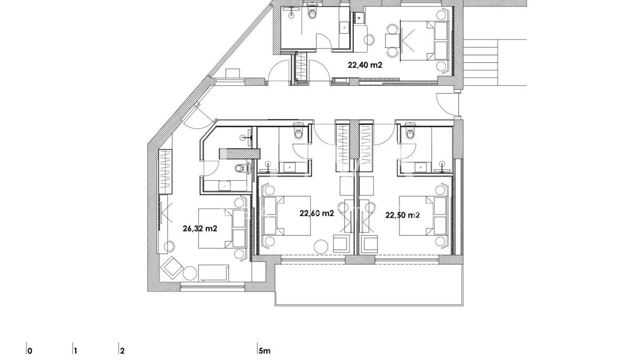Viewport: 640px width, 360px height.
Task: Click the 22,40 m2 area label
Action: pyautogui.click(x=365, y=65)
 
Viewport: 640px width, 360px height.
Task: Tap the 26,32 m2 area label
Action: pyautogui.click(x=200, y=229)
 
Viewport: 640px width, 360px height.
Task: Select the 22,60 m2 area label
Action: pyautogui.click(x=317, y=213)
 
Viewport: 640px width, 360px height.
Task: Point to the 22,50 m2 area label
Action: pyautogui.click(x=403, y=215)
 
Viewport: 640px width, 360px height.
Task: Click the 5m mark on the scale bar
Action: pyautogui.click(x=265, y=350)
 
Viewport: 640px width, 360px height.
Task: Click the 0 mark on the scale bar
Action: pyautogui.click(x=30, y=351)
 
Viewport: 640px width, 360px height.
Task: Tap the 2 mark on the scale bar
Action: pyautogui.click(x=122, y=351)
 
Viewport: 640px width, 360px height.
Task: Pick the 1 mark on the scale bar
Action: pyautogui.click(x=75, y=351)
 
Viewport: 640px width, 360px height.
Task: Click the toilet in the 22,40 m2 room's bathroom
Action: pyautogui.click(x=313, y=12)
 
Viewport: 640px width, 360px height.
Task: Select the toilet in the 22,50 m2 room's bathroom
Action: pyautogui.click(x=410, y=132)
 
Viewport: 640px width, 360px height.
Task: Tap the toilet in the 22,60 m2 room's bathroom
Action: pyautogui.click(x=299, y=132)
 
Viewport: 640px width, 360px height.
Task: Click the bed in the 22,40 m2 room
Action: pyautogui.click(x=424, y=41)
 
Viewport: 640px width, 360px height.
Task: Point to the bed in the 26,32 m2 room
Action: pyautogui.click(x=222, y=228)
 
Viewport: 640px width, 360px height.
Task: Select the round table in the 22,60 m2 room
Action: pyautogui.click(x=321, y=246)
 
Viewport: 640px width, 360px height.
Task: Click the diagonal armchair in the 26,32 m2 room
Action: pyautogui.click(x=172, y=268)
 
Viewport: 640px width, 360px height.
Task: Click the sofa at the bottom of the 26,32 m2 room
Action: pyautogui.click(x=213, y=273)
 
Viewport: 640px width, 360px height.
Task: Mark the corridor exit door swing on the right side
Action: pyautogui.click(x=447, y=105)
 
